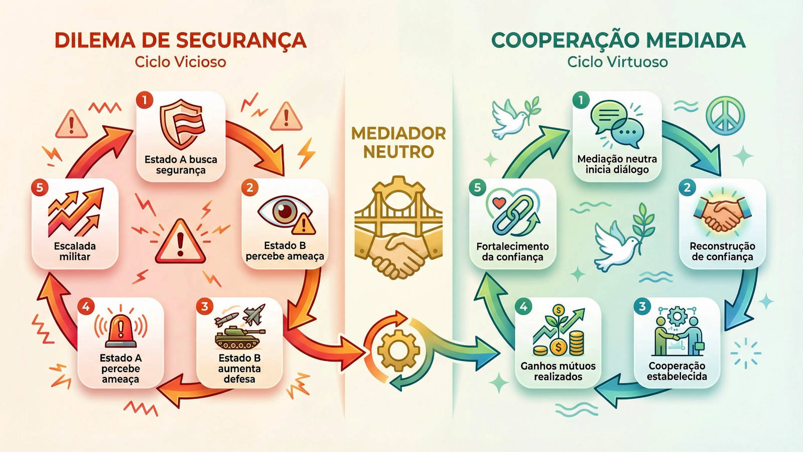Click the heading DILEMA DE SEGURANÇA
(x=180, y=41)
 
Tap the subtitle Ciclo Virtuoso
(x=617, y=62)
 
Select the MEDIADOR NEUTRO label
(x=398, y=142)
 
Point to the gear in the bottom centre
(x=398, y=351)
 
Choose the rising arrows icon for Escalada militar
(x=75, y=213)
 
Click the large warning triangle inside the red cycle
(x=180, y=242)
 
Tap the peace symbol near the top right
(x=725, y=116)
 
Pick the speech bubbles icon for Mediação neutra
(x=617, y=124)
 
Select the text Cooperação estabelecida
(x=677, y=371)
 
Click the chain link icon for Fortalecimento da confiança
(x=512, y=213)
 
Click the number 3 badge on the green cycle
(x=642, y=306)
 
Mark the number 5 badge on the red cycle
(x=40, y=188)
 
